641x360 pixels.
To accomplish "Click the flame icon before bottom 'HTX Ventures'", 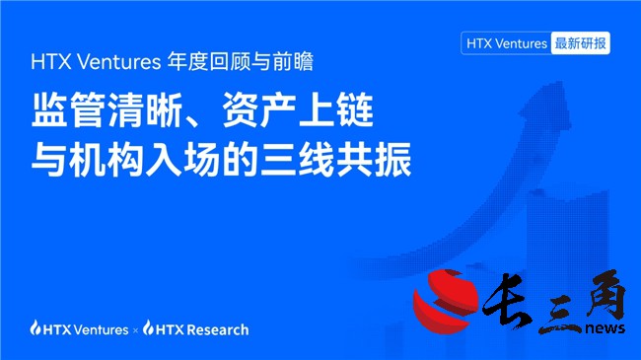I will pyautogui.click(x=36, y=328).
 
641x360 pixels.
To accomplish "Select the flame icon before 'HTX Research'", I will pyautogui.click(x=149, y=328).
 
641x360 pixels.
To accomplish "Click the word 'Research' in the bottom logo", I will pyautogui.click(x=219, y=329).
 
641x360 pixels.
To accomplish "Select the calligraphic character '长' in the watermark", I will pyautogui.click(x=514, y=295).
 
